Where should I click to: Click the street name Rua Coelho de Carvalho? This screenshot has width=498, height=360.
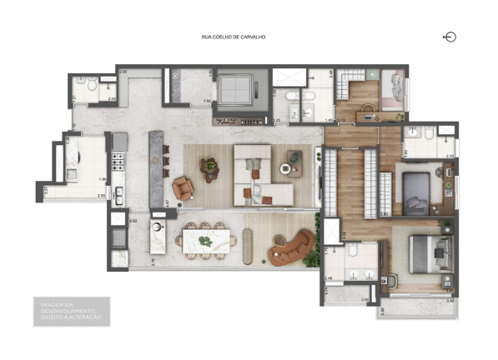tap(233, 37)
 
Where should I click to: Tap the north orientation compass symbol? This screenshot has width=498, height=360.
tap(450, 37)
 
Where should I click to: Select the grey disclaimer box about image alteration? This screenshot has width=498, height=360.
tap(70, 310)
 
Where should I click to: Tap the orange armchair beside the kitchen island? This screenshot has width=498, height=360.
tap(182, 187)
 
